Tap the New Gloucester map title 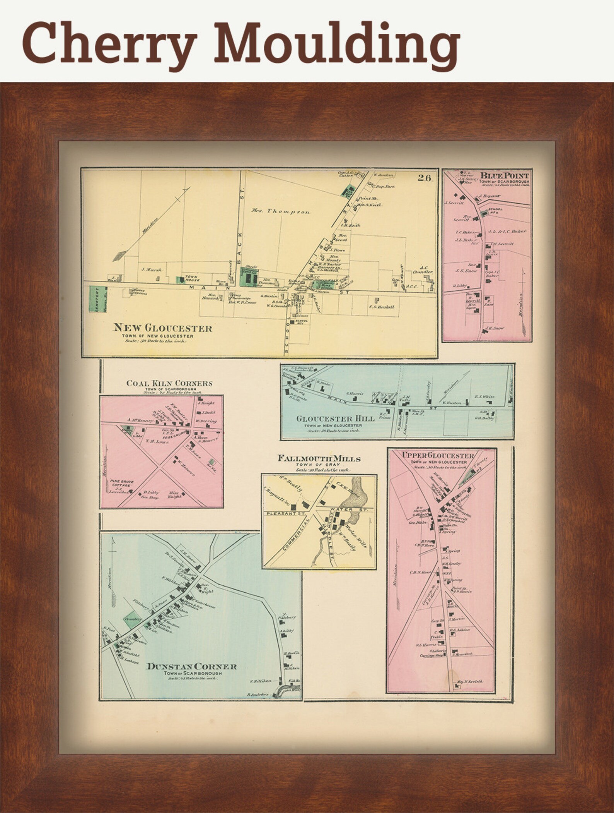pyautogui.click(x=162, y=328)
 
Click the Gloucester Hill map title pyautogui.click(x=335, y=419)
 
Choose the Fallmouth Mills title pyautogui.click(x=319, y=459)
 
